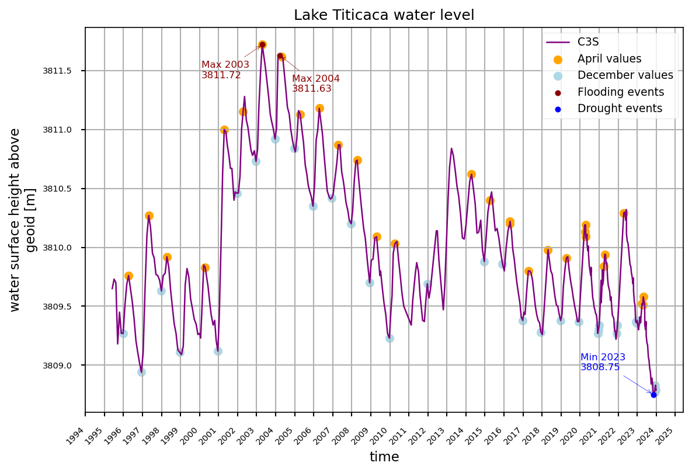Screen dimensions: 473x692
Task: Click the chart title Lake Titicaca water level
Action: [384, 15]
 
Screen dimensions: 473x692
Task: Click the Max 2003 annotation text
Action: [225, 69]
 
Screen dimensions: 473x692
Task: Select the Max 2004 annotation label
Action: [315, 84]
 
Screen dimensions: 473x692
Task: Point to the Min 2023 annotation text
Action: [602, 362]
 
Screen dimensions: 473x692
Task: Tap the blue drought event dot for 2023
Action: [653, 395]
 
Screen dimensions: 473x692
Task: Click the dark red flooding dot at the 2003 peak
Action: [262, 45]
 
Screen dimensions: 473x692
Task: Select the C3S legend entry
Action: [588, 42]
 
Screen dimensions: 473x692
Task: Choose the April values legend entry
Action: [609, 59]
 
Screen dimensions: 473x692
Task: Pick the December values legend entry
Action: [625, 75]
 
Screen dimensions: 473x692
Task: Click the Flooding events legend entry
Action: [620, 92]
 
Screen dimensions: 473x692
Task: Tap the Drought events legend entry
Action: [620, 109]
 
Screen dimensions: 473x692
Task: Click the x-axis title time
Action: [384, 457]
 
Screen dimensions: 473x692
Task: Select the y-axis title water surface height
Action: [23, 220]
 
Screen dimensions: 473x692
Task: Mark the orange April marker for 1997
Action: [149, 215]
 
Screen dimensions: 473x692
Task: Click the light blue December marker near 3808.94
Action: [141, 372]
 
